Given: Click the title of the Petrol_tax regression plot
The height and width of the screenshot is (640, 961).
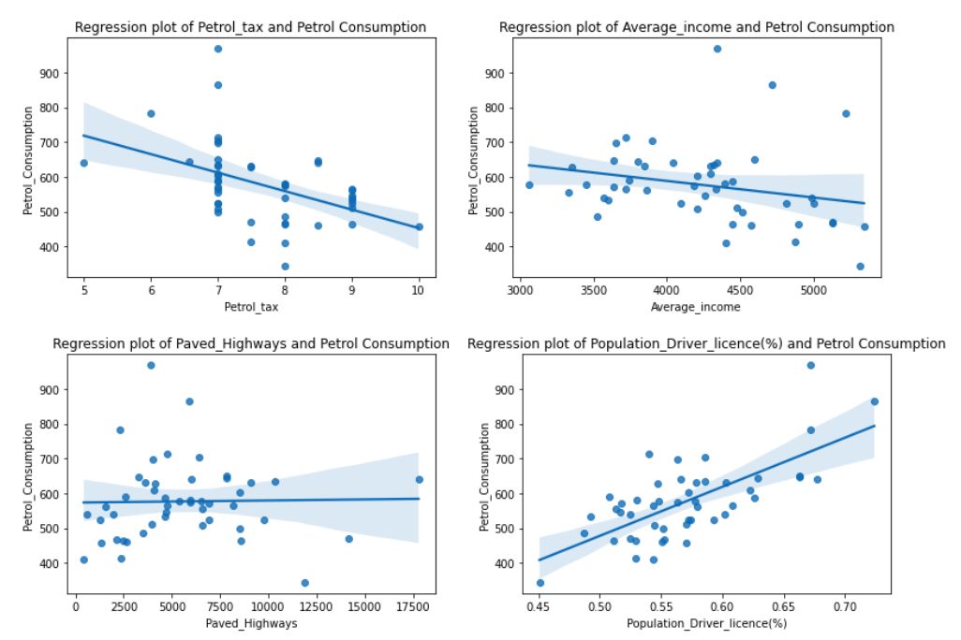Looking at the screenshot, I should pos(250,27).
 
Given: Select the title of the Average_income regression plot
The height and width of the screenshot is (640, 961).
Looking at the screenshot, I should pos(696,27).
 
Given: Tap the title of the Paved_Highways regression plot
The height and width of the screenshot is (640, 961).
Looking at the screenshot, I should pos(250,343).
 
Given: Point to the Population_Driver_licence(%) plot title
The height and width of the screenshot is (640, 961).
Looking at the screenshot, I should pos(706,343).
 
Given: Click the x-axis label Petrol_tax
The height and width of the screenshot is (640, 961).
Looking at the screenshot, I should pos(250,307).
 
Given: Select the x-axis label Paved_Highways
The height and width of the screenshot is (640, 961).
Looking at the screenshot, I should pos(250,623).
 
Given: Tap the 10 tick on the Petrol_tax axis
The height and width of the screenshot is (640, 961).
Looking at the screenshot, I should pos(419,291).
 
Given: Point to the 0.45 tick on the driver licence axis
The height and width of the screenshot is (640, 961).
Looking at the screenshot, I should pos(540,607).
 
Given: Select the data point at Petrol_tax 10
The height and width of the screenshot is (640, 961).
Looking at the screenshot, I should pos(419,226).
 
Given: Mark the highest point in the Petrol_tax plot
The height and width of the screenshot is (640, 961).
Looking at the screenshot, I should pos(218,49).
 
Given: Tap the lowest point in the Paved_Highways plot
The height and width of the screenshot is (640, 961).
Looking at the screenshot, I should pos(304,582).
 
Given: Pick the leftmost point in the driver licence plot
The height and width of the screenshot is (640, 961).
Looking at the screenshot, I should pos(540,582).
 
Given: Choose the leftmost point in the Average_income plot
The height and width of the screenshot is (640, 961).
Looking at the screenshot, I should pos(529,184).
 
